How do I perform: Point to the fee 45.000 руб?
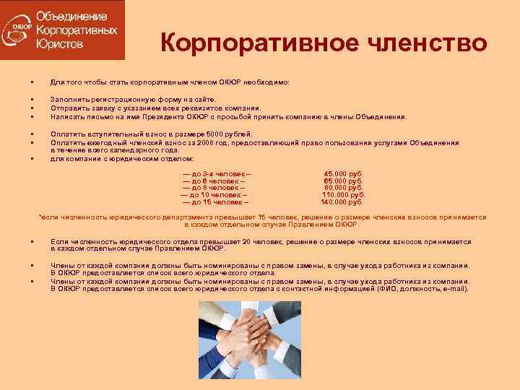point(343,174)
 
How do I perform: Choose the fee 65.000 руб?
point(343,181)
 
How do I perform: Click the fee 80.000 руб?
point(343,188)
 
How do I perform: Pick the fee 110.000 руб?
point(343,195)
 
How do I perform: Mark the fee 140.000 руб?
point(343,201)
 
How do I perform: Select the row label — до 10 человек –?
point(214,195)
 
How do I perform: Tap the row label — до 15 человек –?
point(214,201)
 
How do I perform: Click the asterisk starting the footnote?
point(39,217)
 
